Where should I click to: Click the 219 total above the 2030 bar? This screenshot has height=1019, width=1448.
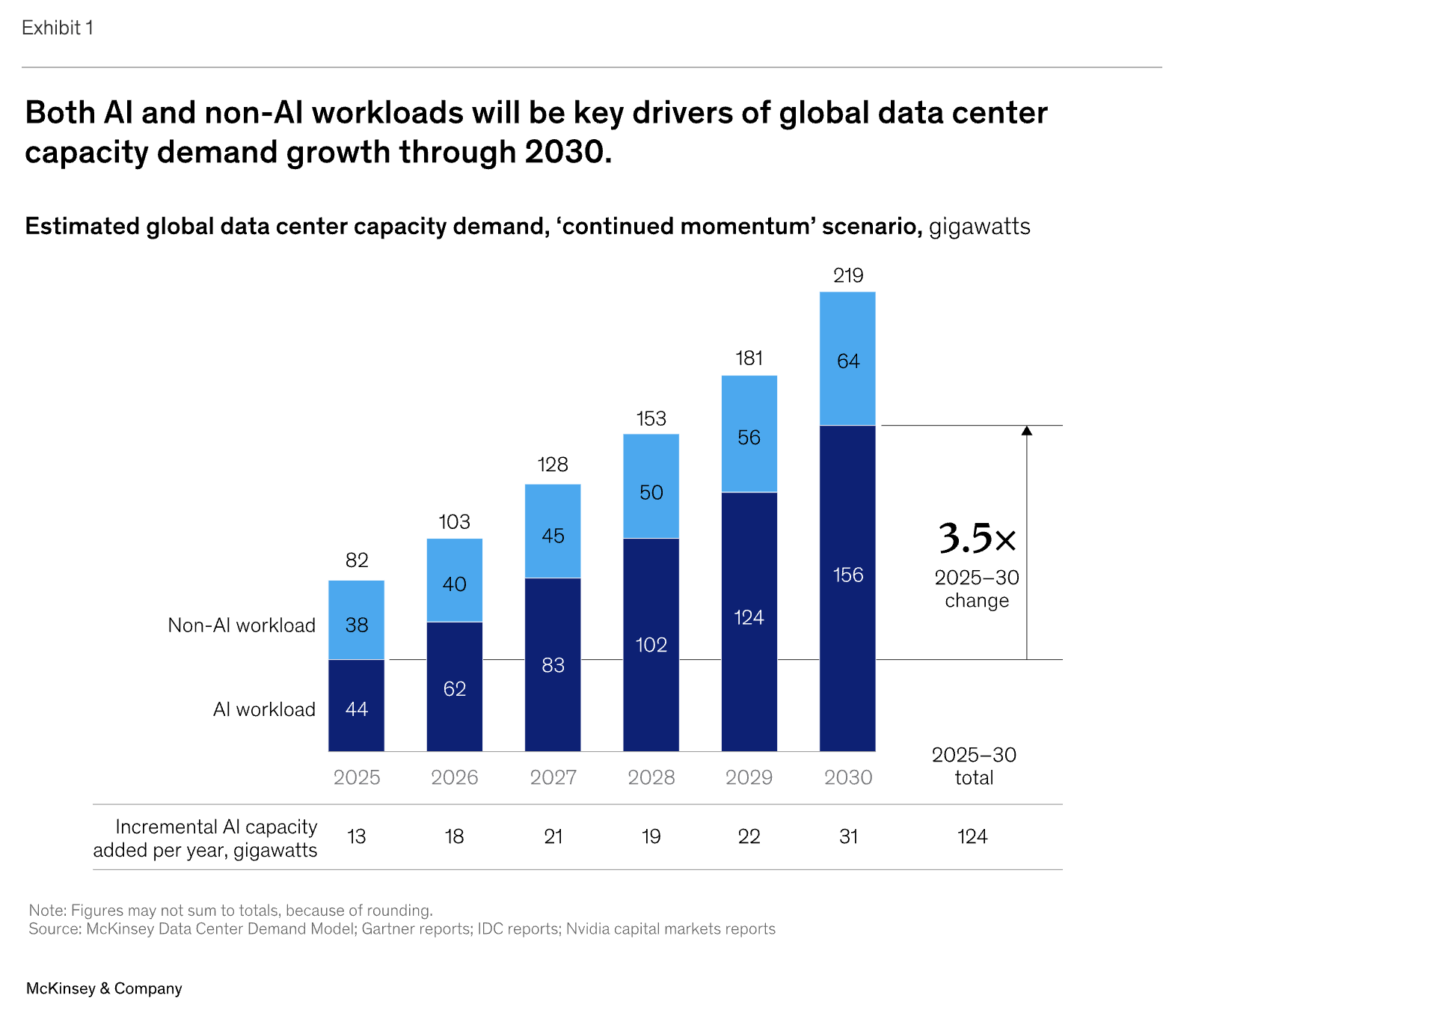click(847, 275)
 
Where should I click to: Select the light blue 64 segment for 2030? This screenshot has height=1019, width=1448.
click(847, 359)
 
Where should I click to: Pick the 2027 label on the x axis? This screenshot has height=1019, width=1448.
click(553, 777)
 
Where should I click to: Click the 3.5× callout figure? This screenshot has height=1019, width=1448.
click(977, 538)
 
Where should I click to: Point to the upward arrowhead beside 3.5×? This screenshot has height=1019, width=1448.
click(1026, 431)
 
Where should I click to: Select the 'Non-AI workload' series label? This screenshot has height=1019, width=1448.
click(241, 625)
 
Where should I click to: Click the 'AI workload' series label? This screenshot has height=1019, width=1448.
click(263, 709)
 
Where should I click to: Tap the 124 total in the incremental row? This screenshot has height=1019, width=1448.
click(972, 836)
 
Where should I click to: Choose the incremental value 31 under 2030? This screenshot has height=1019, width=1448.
click(847, 836)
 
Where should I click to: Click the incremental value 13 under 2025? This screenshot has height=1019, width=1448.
click(356, 836)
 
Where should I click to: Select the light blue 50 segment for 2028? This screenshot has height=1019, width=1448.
click(651, 486)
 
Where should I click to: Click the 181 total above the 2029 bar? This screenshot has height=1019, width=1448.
click(749, 358)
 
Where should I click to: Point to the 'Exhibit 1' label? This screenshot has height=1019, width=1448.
click(58, 28)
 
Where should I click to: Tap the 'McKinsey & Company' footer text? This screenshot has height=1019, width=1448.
click(104, 988)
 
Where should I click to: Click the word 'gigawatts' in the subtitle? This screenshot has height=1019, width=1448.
click(979, 226)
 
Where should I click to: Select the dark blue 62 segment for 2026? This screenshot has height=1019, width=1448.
click(454, 687)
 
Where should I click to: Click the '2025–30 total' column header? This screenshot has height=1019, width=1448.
click(974, 766)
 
